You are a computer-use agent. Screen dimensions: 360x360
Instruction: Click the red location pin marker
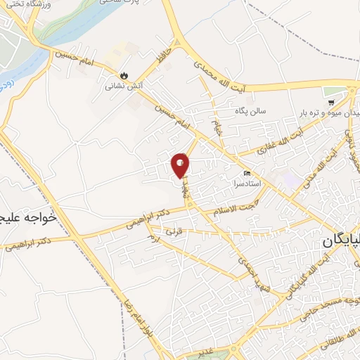181,165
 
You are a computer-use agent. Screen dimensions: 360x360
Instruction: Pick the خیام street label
216,129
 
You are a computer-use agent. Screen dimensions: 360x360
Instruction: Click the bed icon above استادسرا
246,173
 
